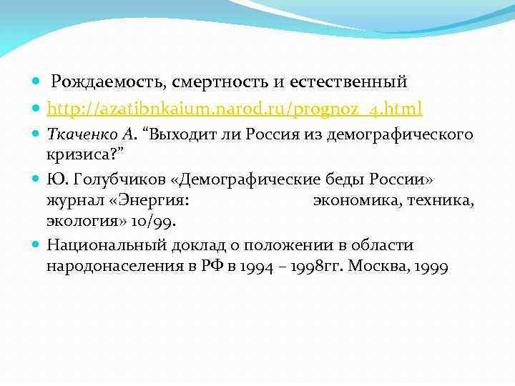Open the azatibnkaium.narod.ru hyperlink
pyautogui.click(x=235, y=109)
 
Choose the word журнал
pyautogui.click(x=73, y=201)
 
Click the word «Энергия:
pyautogui.click(x=149, y=201)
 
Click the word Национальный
pyautogui.click(x=107, y=246)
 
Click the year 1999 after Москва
pyautogui.click(x=432, y=267)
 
